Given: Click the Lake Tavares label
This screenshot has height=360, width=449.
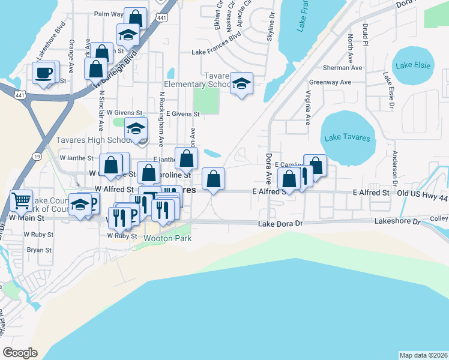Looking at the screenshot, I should pos(348,138).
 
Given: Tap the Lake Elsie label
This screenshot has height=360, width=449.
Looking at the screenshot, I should pos(414,65).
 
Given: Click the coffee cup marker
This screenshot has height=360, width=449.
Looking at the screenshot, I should pos(43,73).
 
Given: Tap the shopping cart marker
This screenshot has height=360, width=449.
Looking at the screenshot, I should pos(21,200).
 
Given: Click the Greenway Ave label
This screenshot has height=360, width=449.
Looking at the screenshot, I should pos(330,82).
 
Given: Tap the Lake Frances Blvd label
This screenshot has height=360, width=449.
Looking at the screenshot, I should pos(216,52).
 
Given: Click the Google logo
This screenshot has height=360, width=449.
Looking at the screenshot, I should pos(20,353).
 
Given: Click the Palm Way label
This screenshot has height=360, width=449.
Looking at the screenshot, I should pos(109,13).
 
